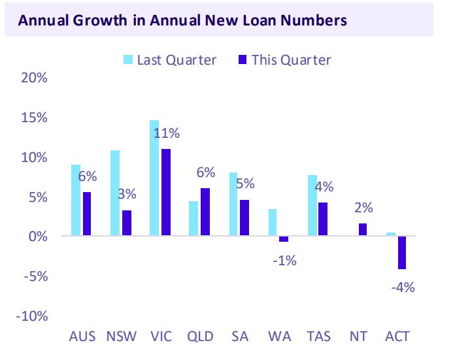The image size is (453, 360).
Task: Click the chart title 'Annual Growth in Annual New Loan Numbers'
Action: point(182,20)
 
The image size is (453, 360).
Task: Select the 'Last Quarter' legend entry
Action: point(170,60)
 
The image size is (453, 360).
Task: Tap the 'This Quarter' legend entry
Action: point(284,60)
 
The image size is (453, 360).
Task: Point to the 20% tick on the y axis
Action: point(34,78)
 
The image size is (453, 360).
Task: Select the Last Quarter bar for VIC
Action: point(154,178)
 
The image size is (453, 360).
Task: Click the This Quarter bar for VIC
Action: point(165,192)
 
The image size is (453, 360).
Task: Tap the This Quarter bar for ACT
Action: point(401,252)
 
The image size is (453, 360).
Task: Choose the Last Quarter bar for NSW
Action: point(115,193)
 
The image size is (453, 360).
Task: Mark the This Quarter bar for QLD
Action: point(205,212)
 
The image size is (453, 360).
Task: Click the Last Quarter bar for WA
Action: point(272,222)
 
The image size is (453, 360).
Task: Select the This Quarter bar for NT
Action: point(362,229)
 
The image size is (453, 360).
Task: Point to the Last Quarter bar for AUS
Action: point(76,200)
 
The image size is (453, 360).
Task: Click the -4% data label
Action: point(402,287)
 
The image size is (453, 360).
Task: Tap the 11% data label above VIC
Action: point(167,134)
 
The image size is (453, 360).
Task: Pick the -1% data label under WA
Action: point(284,261)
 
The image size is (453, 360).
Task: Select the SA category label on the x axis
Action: point(240,337)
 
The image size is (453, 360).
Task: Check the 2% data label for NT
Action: point(363,208)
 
